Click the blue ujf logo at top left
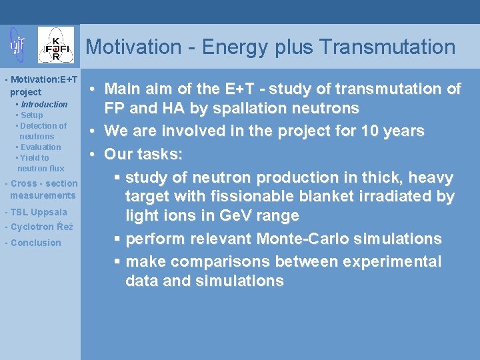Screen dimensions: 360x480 [x=16, y=45]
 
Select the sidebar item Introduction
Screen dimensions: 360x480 [x=44, y=105]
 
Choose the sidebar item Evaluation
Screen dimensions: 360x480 [x=41, y=147]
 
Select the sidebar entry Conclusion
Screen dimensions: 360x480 [x=35, y=243]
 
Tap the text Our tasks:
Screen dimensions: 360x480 [x=143, y=154]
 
